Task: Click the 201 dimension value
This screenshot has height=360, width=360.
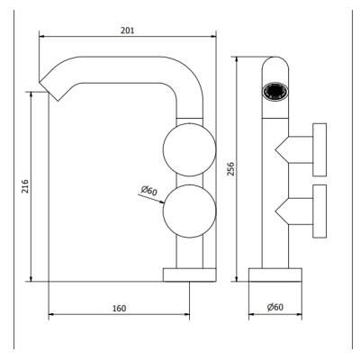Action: point(128,31)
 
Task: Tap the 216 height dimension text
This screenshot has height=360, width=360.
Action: point(25,186)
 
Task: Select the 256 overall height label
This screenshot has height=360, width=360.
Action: point(230,169)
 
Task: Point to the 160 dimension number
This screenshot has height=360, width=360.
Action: point(119,309)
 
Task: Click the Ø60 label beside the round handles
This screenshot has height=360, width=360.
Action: point(149,191)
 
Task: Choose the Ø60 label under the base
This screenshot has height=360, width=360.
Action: point(275,307)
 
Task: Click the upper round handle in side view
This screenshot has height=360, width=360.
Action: point(189,149)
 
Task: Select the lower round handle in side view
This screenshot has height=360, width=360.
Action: point(189,211)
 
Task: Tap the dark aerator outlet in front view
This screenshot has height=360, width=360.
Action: point(275,91)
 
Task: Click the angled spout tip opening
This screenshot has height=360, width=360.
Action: point(49,91)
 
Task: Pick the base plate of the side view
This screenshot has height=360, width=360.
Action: point(189,274)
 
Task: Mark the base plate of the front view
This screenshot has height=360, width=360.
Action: point(275,274)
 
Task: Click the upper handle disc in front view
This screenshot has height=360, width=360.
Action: point(319,149)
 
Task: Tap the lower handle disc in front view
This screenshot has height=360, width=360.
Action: point(319,211)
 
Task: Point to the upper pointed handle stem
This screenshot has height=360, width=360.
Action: point(294,149)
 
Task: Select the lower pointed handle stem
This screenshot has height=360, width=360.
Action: point(294,211)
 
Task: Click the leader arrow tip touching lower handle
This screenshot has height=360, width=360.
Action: point(164,203)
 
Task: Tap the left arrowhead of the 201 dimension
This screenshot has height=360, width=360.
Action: point(41,36)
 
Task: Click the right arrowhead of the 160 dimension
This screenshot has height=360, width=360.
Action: point(187,314)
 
